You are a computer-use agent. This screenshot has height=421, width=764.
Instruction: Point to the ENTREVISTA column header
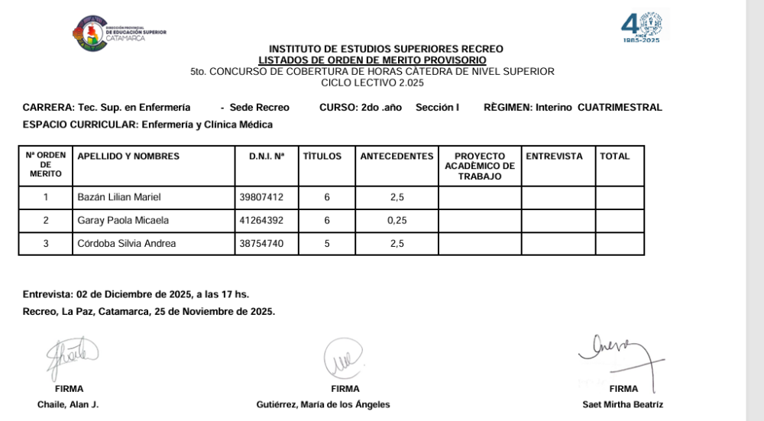tap(554, 157)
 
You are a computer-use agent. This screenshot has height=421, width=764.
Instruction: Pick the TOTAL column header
tap(615, 157)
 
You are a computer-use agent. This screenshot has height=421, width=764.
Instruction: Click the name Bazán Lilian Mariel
tap(119, 198)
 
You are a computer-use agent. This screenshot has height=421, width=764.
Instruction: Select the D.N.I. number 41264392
tap(261, 221)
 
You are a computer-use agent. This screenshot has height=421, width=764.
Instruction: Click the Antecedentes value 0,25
tap(397, 221)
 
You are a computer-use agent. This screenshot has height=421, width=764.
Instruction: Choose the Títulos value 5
tap(327, 244)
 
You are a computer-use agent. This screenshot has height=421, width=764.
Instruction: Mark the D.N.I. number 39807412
tap(261, 198)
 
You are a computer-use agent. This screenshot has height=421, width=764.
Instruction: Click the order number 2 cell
tap(46, 221)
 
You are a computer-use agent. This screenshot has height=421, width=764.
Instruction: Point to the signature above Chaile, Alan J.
tap(72, 357)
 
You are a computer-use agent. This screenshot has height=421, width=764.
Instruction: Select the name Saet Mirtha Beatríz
tap(623, 404)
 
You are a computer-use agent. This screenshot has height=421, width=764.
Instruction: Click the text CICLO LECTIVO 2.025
tap(372, 83)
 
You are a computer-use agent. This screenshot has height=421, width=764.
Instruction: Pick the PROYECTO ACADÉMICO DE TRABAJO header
tap(479, 166)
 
